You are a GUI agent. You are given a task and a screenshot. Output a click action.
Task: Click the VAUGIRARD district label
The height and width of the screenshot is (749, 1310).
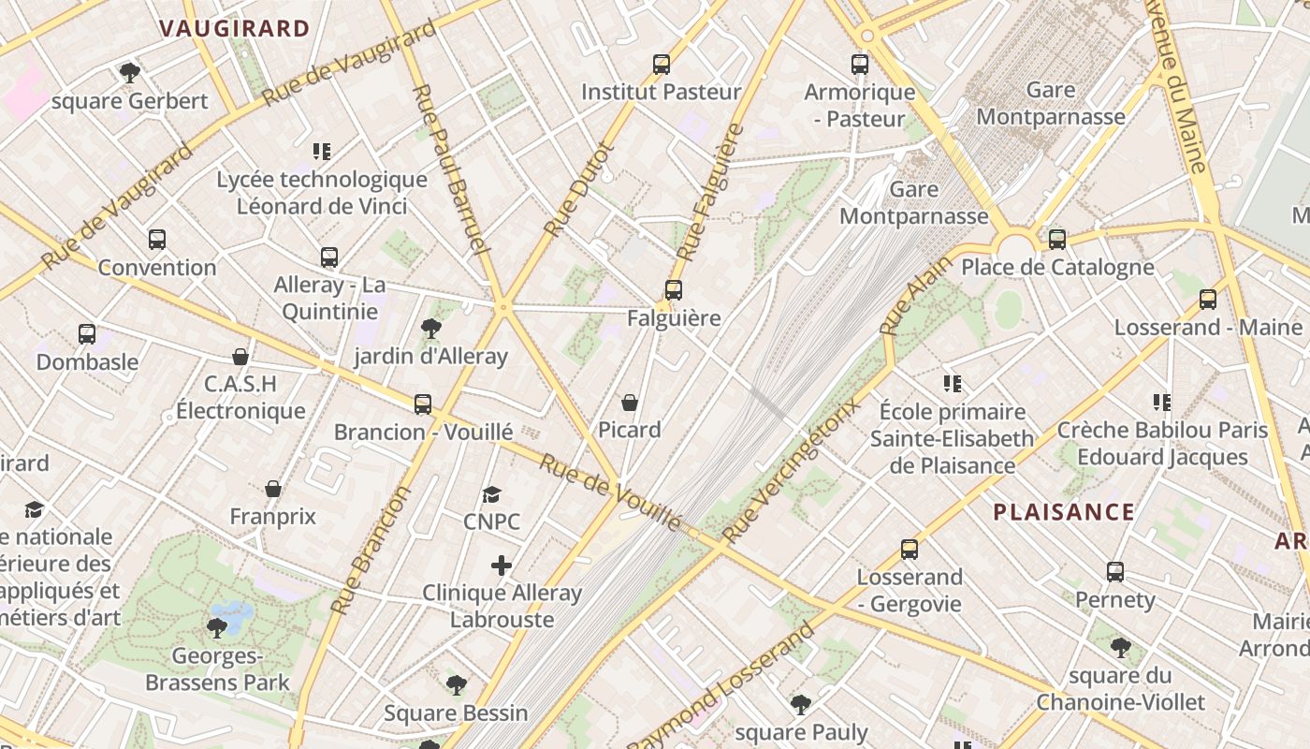tap(234, 28)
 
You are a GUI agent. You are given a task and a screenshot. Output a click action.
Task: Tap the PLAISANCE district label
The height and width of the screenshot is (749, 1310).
tap(1064, 512)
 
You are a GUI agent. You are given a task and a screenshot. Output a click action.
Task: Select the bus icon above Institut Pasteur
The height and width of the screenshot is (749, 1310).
tap(662, 65)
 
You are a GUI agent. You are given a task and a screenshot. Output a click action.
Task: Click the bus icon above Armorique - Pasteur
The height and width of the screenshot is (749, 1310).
tap(860, 65)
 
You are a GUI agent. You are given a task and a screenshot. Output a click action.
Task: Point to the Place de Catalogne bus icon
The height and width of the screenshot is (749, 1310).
tap(1057, 240)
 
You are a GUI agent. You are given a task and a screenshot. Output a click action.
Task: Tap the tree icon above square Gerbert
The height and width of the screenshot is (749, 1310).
tap(130, 72)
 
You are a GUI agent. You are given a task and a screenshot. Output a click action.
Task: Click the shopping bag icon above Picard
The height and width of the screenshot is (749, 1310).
tap(630, 403)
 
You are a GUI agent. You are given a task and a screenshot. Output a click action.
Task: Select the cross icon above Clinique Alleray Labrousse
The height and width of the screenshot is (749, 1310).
tap(502, 565)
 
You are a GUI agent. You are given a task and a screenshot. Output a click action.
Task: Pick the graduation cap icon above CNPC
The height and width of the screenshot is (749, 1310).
tap(491, 494)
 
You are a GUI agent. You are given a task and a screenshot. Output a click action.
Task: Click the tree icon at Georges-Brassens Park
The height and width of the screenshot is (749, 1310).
tap(217, 627)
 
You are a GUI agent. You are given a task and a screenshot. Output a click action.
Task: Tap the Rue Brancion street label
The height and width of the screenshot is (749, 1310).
tap(371, 550)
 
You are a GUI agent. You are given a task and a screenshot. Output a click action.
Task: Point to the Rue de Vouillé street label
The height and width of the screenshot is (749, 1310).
tap(610, 492)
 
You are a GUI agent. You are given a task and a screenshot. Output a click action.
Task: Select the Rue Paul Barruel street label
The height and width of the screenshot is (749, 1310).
tap(450, 169)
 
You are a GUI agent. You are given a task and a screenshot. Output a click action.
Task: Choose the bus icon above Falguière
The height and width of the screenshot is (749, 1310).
tap(674, 290)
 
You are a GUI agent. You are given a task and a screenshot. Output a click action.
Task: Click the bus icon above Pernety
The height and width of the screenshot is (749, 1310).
tap(1114, 571)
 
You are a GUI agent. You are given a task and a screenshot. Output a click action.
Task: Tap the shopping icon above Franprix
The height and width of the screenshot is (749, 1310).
tap(273, 489)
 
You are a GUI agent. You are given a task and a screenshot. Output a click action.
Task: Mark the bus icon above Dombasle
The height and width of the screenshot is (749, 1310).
tap(87, 334)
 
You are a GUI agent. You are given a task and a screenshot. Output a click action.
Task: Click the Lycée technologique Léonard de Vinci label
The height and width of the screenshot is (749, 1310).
tap(322, 193)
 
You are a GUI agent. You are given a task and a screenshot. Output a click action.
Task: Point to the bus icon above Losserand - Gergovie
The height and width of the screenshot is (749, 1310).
tap(910, 550)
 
